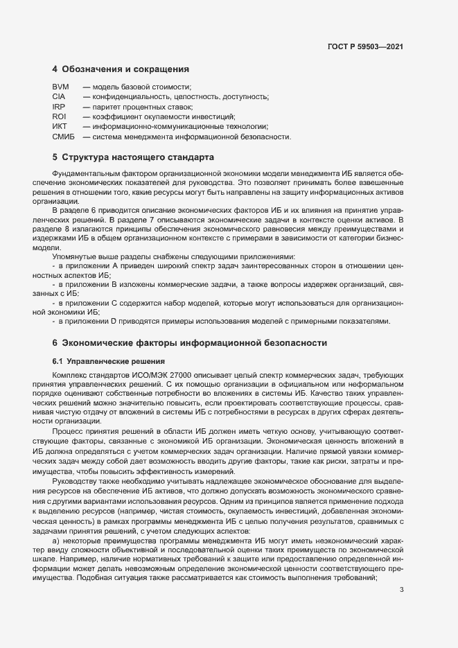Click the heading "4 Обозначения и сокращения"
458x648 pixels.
pos(121,69)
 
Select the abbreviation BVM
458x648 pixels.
pos(60,87)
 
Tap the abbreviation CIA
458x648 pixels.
pos(58,96)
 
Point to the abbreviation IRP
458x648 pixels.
pos(58,107)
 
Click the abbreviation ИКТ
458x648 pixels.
pos(60,127)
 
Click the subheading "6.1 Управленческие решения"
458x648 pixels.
pos(108,361)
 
